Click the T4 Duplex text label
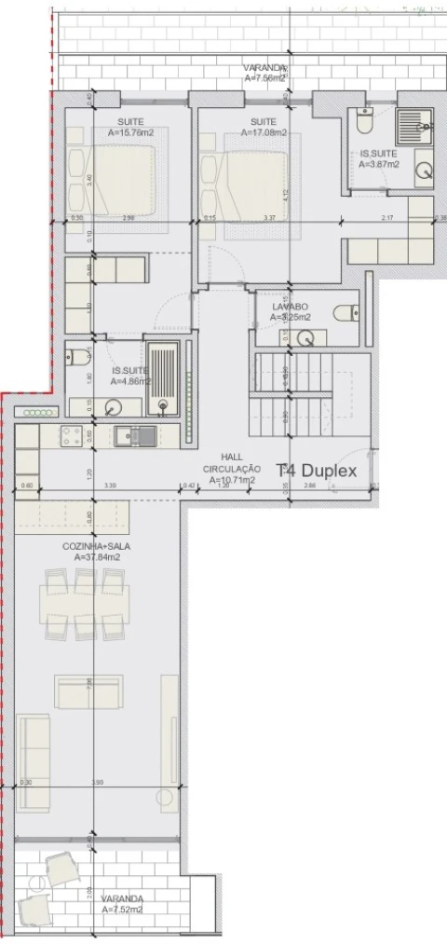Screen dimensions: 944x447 (318, 471)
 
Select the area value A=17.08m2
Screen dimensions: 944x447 (264, 132)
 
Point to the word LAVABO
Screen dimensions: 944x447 (290, 306)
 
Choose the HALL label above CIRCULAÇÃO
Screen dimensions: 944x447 (232, 458)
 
